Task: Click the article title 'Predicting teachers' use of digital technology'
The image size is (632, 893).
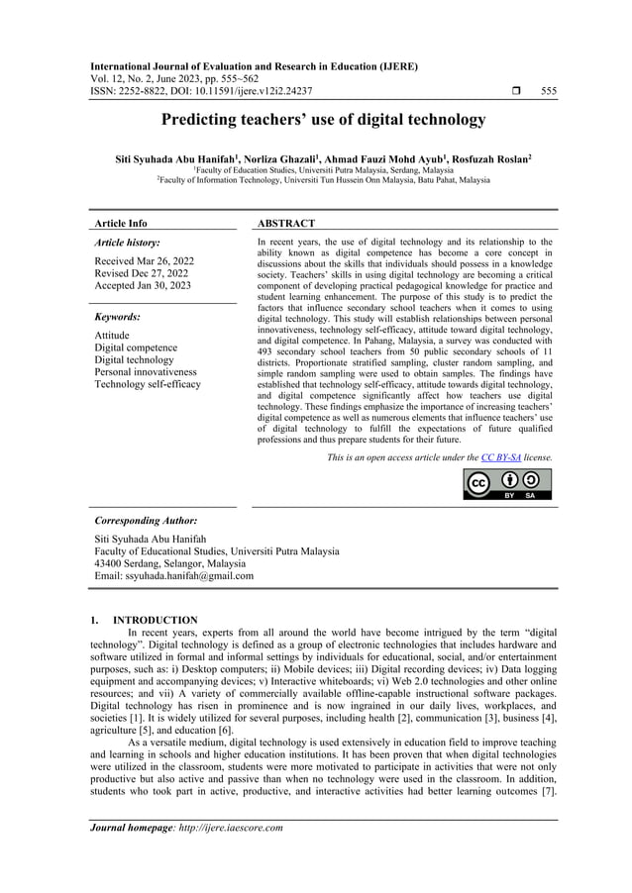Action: [x=316, y=121]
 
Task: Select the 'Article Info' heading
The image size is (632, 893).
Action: [x=119, y=224]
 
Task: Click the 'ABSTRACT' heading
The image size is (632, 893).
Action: [x=285, y=224]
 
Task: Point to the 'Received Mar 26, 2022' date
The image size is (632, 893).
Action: [x=144, y=261]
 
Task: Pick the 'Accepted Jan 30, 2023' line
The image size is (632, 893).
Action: [x=144, y=285]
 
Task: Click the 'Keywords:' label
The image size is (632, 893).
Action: [x=116, y=317]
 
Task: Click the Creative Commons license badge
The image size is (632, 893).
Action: [x=507, y=483]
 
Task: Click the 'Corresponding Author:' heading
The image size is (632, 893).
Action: [x=145, y=519]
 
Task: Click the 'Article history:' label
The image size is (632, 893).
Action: [x=127, y=242]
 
